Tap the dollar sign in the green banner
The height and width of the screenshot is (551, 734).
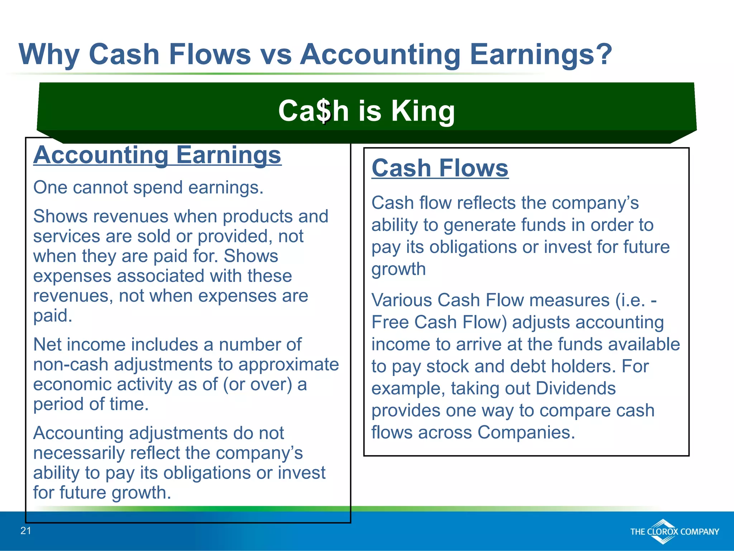point(324,111)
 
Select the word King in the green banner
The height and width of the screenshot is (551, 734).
point(423,111)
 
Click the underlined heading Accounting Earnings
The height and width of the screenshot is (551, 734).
point(157,155)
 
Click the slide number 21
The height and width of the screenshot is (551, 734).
point(26,531)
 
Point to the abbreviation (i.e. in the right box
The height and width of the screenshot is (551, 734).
point(631,300)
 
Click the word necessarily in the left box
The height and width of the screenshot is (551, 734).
point(79,453)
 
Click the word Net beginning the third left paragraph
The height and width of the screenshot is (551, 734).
point(47,345)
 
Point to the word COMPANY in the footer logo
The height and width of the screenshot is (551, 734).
point(699,532)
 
